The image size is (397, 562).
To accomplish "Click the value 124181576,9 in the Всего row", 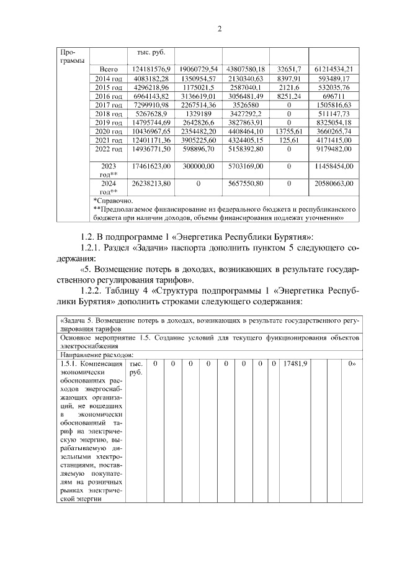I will tap(149, 68).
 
